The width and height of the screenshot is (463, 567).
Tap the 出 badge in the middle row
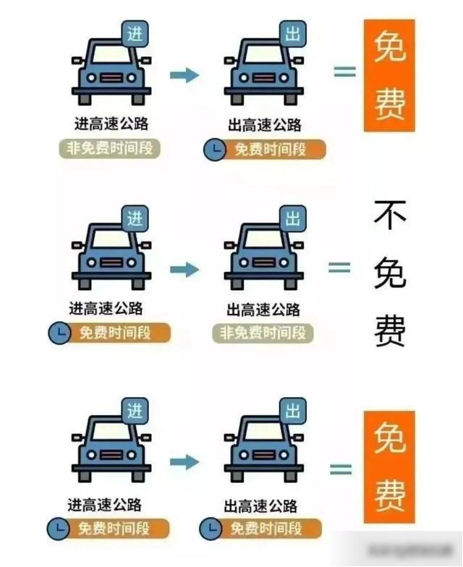tap(292, 218)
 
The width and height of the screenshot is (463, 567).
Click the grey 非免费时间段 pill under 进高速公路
tap(109, 148)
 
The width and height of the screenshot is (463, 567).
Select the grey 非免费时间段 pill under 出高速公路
tap(263, 333)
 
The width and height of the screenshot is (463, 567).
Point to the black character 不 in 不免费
tap(391, 215)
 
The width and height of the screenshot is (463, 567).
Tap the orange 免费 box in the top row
tap(389, 75)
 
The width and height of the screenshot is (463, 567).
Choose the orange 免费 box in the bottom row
tap(389, 467)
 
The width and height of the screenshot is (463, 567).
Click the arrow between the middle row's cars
tap(184, 270)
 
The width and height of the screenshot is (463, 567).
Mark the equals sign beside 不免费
tap(339, 267)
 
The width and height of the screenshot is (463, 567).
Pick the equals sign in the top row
tap(344, 72)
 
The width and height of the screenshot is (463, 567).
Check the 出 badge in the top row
tap(293, 33)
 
